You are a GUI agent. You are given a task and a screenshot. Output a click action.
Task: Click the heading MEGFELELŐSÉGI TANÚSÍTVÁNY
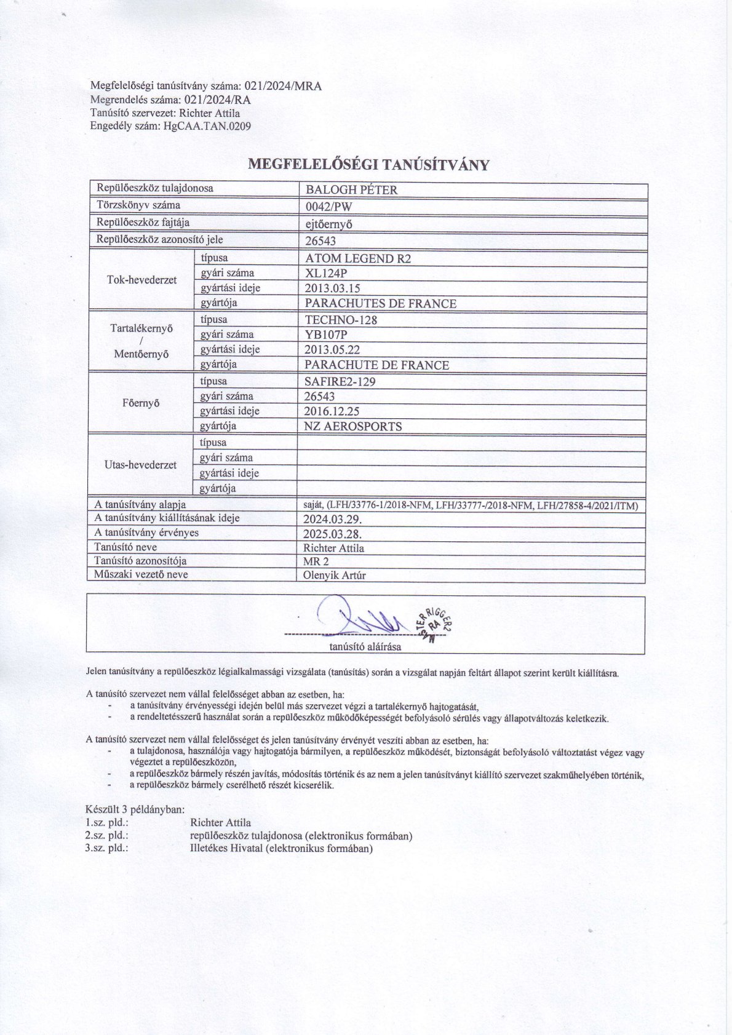(368, 164)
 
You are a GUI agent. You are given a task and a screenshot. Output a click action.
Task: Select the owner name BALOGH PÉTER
(351, 190)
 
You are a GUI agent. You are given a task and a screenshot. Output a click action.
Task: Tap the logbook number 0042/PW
(328, 207)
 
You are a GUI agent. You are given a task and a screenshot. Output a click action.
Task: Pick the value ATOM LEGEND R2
(358, 258)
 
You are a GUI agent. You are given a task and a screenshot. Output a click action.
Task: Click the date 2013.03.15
(332, 288)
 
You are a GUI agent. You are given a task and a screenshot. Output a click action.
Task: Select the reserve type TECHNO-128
(341, 320)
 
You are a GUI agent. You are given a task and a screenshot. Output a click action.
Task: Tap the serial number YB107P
(327, 335)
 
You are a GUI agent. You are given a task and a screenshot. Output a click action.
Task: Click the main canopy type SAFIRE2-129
(340, 381)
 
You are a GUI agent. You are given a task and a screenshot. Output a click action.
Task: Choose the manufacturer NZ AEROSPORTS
(353, 426)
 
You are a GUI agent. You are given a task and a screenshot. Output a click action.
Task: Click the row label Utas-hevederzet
(140, 465)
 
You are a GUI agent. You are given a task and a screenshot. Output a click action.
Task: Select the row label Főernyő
(141, 403)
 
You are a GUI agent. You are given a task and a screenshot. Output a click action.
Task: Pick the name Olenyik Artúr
(335, 576)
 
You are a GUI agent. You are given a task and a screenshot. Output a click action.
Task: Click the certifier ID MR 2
(316, 561)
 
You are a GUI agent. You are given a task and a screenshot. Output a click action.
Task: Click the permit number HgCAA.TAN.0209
(207, 126)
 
